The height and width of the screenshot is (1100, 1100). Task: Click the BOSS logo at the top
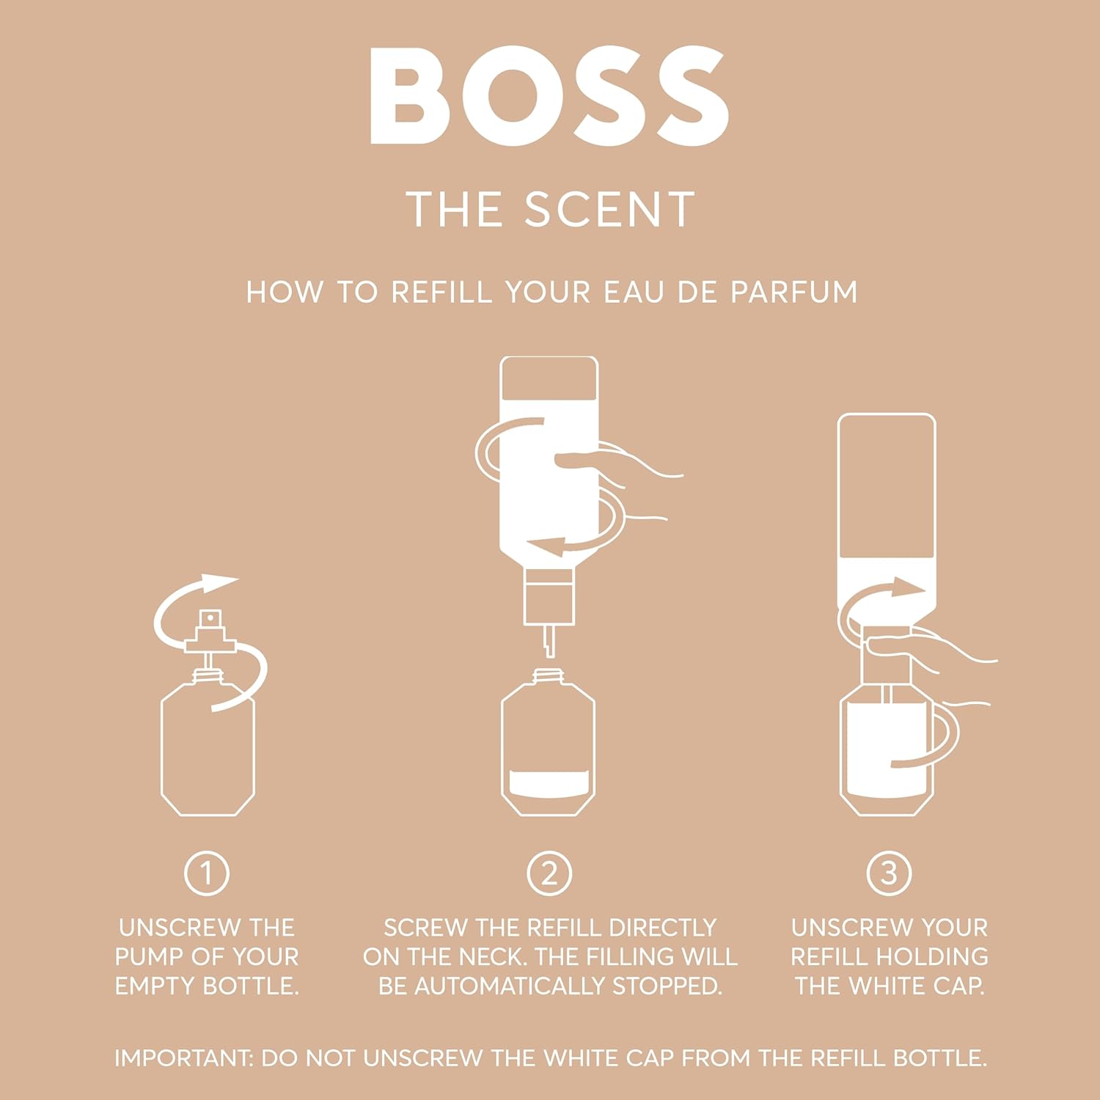[x=549, y=96]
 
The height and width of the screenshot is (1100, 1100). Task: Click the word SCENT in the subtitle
[x=610, y=210]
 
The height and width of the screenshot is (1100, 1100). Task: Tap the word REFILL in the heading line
[x=441, y=292]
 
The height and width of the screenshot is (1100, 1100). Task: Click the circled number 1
[x=206, y=873]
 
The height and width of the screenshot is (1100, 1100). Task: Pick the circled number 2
[x=549, y=873]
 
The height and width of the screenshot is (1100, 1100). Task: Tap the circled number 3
[x=889, y=873]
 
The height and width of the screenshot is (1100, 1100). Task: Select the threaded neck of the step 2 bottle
[x=548, y=675]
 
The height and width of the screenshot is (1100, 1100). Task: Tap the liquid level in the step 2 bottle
[x=548, y=784]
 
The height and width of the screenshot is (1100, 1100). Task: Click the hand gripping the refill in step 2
[x=623, y=469]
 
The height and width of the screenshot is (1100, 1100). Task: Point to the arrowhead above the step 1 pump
[x=220, y=583]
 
